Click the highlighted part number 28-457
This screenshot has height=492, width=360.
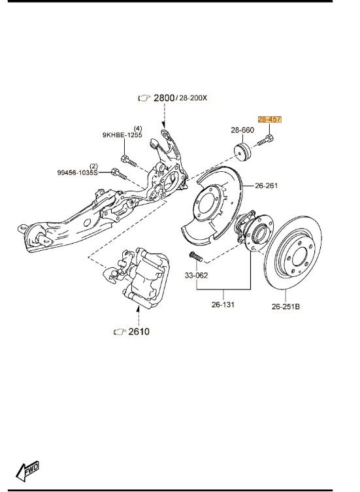pos(270,120)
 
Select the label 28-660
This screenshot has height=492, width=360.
pos(242,130)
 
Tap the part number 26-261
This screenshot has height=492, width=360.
pos(267,186)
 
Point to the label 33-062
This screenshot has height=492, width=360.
pos(196,276)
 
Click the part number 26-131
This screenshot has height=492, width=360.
pos(223,304)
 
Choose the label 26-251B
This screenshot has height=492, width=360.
pos(286,306)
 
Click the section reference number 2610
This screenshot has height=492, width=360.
pos(139,331)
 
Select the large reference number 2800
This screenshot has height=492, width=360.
pos(164,98)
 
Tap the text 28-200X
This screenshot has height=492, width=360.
pos(193,98)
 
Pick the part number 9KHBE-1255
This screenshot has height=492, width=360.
pos(122,135)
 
